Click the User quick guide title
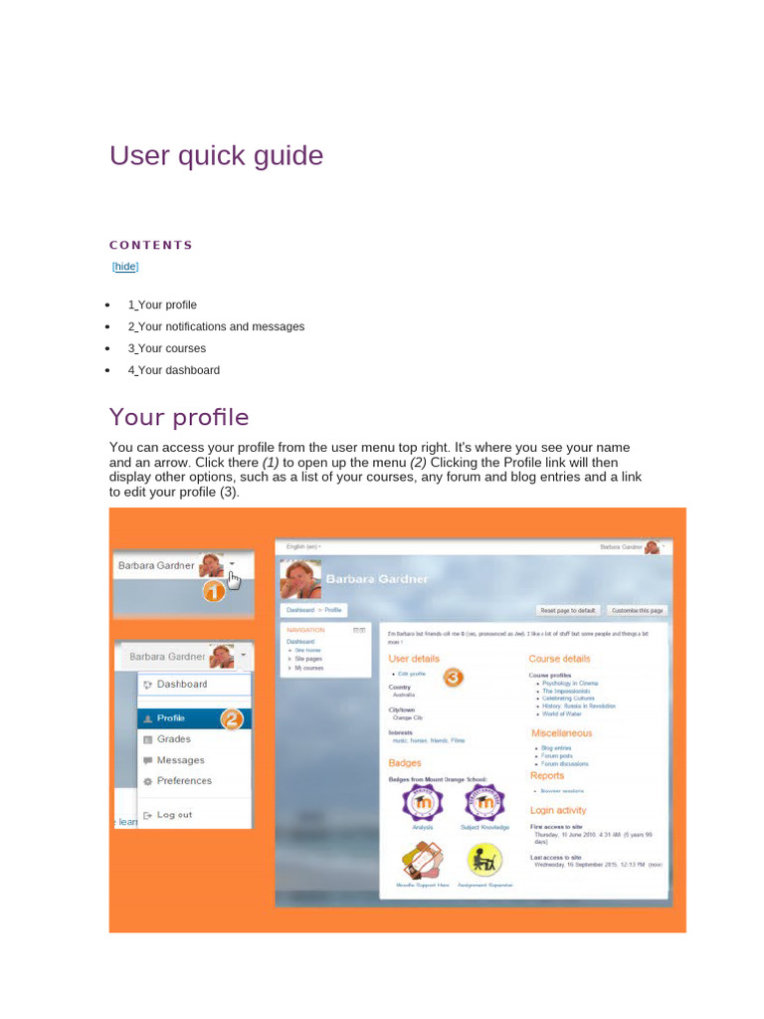point(216,156)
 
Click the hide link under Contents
point(125,267)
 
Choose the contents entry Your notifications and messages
point(216,326)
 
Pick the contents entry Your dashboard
point(173,370)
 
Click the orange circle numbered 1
point(215,591)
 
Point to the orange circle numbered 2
point(232,718)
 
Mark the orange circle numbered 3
point(453,678)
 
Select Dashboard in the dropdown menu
point(182,685)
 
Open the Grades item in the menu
point(173,739)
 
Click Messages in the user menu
point(180,760)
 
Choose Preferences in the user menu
point(184,781)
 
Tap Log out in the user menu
point(174,815)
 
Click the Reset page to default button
point(568,610)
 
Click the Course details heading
point(559,659)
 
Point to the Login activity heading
point(558,811)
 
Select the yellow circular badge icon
point(484,859)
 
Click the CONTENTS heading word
point(151,245)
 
